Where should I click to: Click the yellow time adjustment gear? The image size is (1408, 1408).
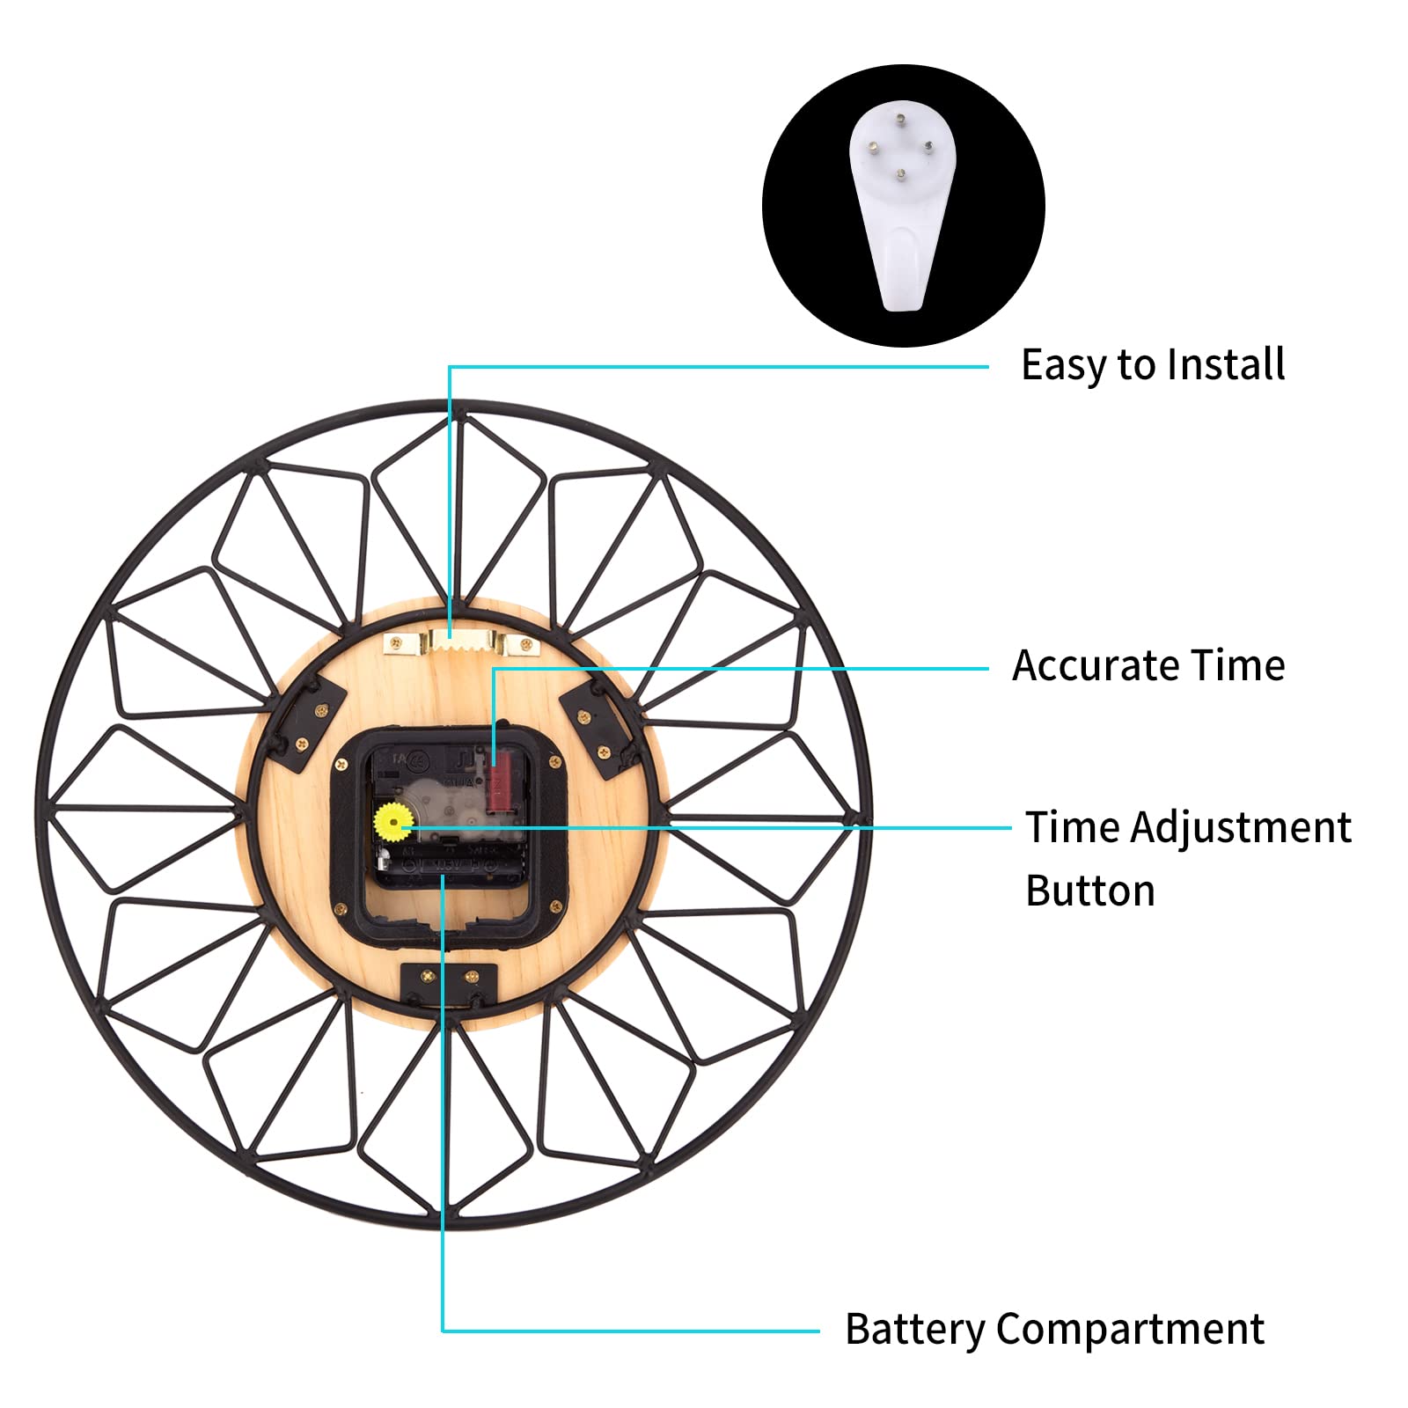point(392,823)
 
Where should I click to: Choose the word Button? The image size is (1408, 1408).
point(1090,891)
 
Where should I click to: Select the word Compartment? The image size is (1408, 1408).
point(1130,1331)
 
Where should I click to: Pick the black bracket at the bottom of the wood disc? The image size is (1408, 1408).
point(449,983)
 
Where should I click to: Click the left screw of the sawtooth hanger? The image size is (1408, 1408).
point(397,644)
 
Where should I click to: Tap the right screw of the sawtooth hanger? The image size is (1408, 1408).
point(526,644)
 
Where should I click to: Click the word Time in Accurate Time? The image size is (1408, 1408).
point(1237,665)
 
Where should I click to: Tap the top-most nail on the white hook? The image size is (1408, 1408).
point(899,119)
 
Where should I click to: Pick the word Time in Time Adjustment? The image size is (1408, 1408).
point(1073,827)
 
